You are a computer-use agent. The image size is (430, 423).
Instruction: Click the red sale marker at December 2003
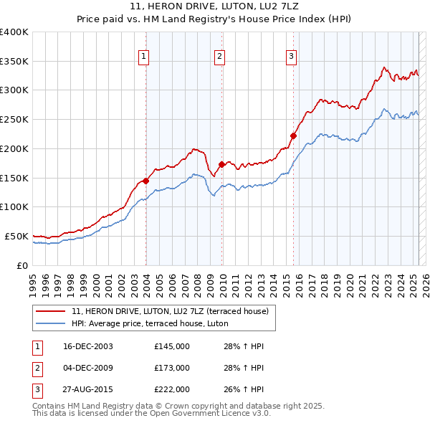[x=145, y=181]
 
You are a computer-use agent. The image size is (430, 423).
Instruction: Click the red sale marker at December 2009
[x=221, y=164]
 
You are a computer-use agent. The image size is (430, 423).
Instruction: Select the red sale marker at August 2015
[x=293, y=136]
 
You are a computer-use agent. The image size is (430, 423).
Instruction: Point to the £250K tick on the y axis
[x=14, y=119]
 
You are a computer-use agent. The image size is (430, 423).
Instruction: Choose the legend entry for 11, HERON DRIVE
[x=170, y=311]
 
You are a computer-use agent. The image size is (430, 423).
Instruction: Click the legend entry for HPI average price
[x=149, y=324]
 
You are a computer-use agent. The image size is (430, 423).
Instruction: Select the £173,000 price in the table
[x=172, y=368]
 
